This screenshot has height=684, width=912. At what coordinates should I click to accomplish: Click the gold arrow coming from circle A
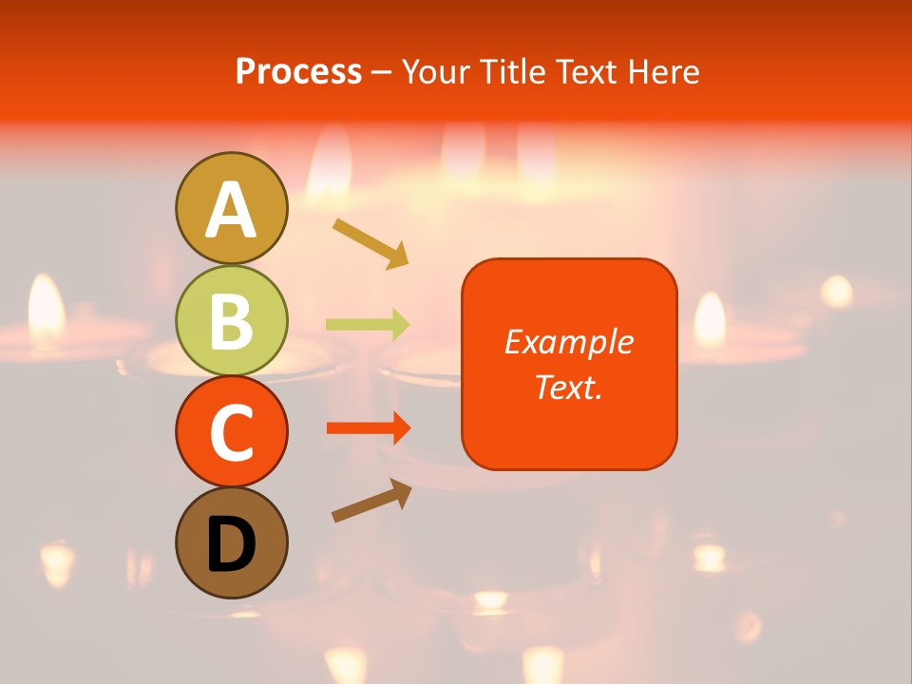coord(370,242)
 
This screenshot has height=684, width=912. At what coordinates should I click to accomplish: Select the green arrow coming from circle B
coord(368,325)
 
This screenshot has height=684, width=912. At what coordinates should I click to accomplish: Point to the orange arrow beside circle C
coord(369,428)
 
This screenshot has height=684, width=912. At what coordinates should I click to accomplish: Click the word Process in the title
coord(298,71)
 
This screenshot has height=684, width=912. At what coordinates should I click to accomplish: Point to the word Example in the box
coord(568,342)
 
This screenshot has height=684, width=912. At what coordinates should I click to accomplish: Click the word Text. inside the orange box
coord(568,387)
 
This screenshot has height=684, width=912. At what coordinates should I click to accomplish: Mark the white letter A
coord(231,211)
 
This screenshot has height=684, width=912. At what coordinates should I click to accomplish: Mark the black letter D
coord(231,545)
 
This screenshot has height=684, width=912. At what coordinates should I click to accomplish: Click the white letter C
coord(231,433)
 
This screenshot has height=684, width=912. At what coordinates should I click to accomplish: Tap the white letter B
coord(231,322)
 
